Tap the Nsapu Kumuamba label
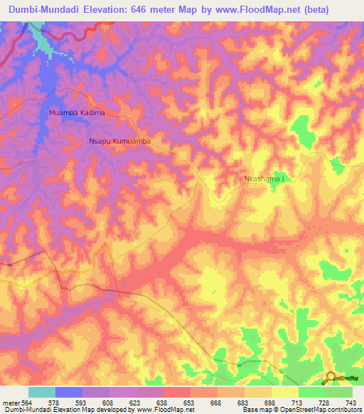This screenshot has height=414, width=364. [120, 142]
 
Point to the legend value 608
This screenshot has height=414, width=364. [109, 403]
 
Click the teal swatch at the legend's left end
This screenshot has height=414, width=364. [42, 392]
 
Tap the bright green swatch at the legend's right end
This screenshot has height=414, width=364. [339, 392]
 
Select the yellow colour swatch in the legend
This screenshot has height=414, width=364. [285, 392]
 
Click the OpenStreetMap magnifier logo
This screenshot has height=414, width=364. [332, 378]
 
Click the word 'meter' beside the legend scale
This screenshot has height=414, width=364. [9, 403]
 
